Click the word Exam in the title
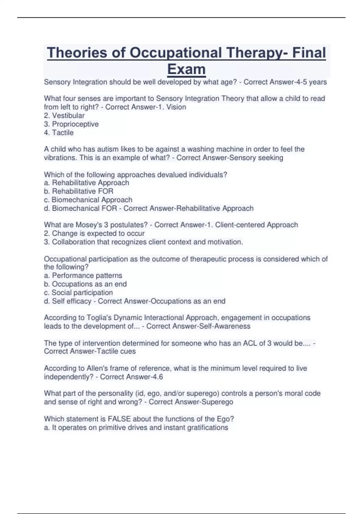coord(186,69)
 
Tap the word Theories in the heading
coord(77,53)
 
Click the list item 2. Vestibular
coord(64,115)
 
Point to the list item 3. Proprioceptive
coord(71,124)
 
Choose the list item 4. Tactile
coord(59,132)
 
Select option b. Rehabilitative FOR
coord(79,191)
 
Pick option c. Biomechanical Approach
coord(88,200)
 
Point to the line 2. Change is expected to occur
coord(94,233)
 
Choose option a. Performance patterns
coord(83,275)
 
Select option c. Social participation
coord(78,292)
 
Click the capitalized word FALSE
coord(119,419)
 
